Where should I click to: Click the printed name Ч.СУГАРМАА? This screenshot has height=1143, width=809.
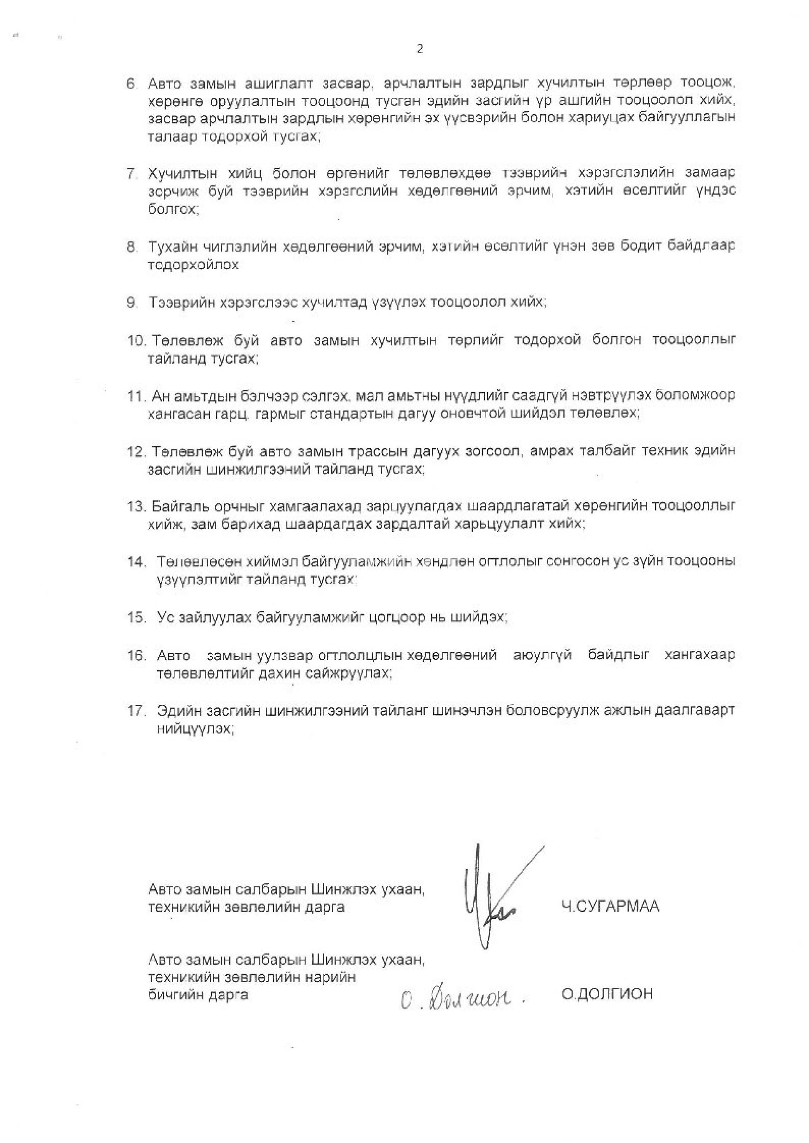point(610,906)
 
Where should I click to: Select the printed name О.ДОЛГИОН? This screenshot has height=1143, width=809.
point(607,994)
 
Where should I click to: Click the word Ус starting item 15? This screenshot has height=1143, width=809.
point(164,617)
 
